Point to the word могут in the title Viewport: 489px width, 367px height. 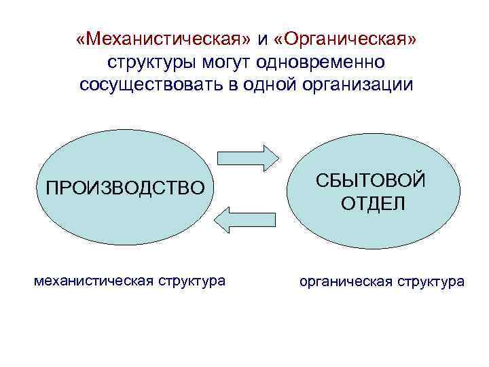[226, 63]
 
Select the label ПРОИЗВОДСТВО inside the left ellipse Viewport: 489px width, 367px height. [124, 187]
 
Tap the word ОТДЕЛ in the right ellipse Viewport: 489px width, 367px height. [373, 203]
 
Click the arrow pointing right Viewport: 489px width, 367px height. [249, 157]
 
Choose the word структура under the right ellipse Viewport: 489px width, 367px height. [433, 281]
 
